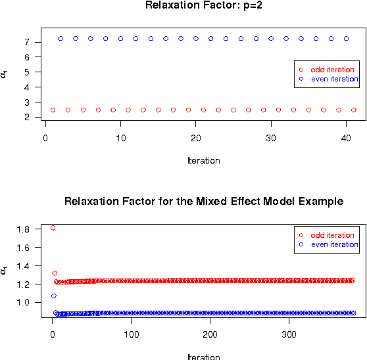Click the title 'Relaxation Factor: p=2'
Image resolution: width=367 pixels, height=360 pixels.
(x=203, y=5)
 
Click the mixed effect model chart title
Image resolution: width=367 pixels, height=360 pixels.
(x=203, y=201)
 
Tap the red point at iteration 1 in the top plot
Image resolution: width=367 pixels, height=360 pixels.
(x=53, y=110)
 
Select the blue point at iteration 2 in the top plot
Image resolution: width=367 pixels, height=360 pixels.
(x=61, y=38)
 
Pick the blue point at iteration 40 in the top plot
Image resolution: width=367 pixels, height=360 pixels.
(x=346, y=38)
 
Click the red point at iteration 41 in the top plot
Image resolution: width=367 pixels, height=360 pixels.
(x=354, y=110)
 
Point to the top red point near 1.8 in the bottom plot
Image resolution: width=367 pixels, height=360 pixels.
(x=53, y=228)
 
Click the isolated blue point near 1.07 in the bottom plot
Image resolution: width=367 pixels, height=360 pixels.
(x=53, y=296)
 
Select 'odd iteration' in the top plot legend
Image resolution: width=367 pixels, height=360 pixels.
(x=332, y=70)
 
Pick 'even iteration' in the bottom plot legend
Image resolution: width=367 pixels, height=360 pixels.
(x=334, y=244)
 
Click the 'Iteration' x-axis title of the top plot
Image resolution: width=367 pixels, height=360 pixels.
(x=203, y=160)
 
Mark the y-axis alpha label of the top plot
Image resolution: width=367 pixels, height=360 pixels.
(x=5, y=74)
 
